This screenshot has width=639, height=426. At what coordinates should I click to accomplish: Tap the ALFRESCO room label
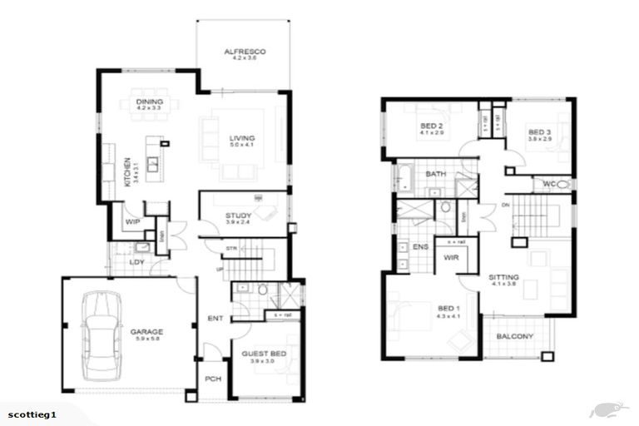point(243,52)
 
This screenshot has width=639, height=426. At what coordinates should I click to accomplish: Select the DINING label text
point(149,102)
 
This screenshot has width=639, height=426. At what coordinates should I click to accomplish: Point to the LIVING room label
point(243,138)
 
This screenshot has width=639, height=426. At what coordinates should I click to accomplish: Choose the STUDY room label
point(237,216)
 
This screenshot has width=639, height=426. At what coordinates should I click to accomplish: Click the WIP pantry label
point(131,222)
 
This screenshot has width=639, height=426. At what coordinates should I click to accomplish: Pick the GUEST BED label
point(265,353)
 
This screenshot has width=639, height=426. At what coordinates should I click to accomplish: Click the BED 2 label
point(432,126)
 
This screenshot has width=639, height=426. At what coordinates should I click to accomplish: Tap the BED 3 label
point(539,132)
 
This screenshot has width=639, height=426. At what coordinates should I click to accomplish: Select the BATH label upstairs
point(436,174)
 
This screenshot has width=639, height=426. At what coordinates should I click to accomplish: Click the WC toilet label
point(549,183)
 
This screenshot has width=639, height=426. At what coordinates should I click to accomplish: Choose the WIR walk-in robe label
point(452,258)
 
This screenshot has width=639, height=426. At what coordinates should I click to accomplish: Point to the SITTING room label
point(504,277)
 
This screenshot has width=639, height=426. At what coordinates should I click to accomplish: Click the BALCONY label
point(515,336)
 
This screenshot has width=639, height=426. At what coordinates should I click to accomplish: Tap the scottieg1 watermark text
point(32,414)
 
